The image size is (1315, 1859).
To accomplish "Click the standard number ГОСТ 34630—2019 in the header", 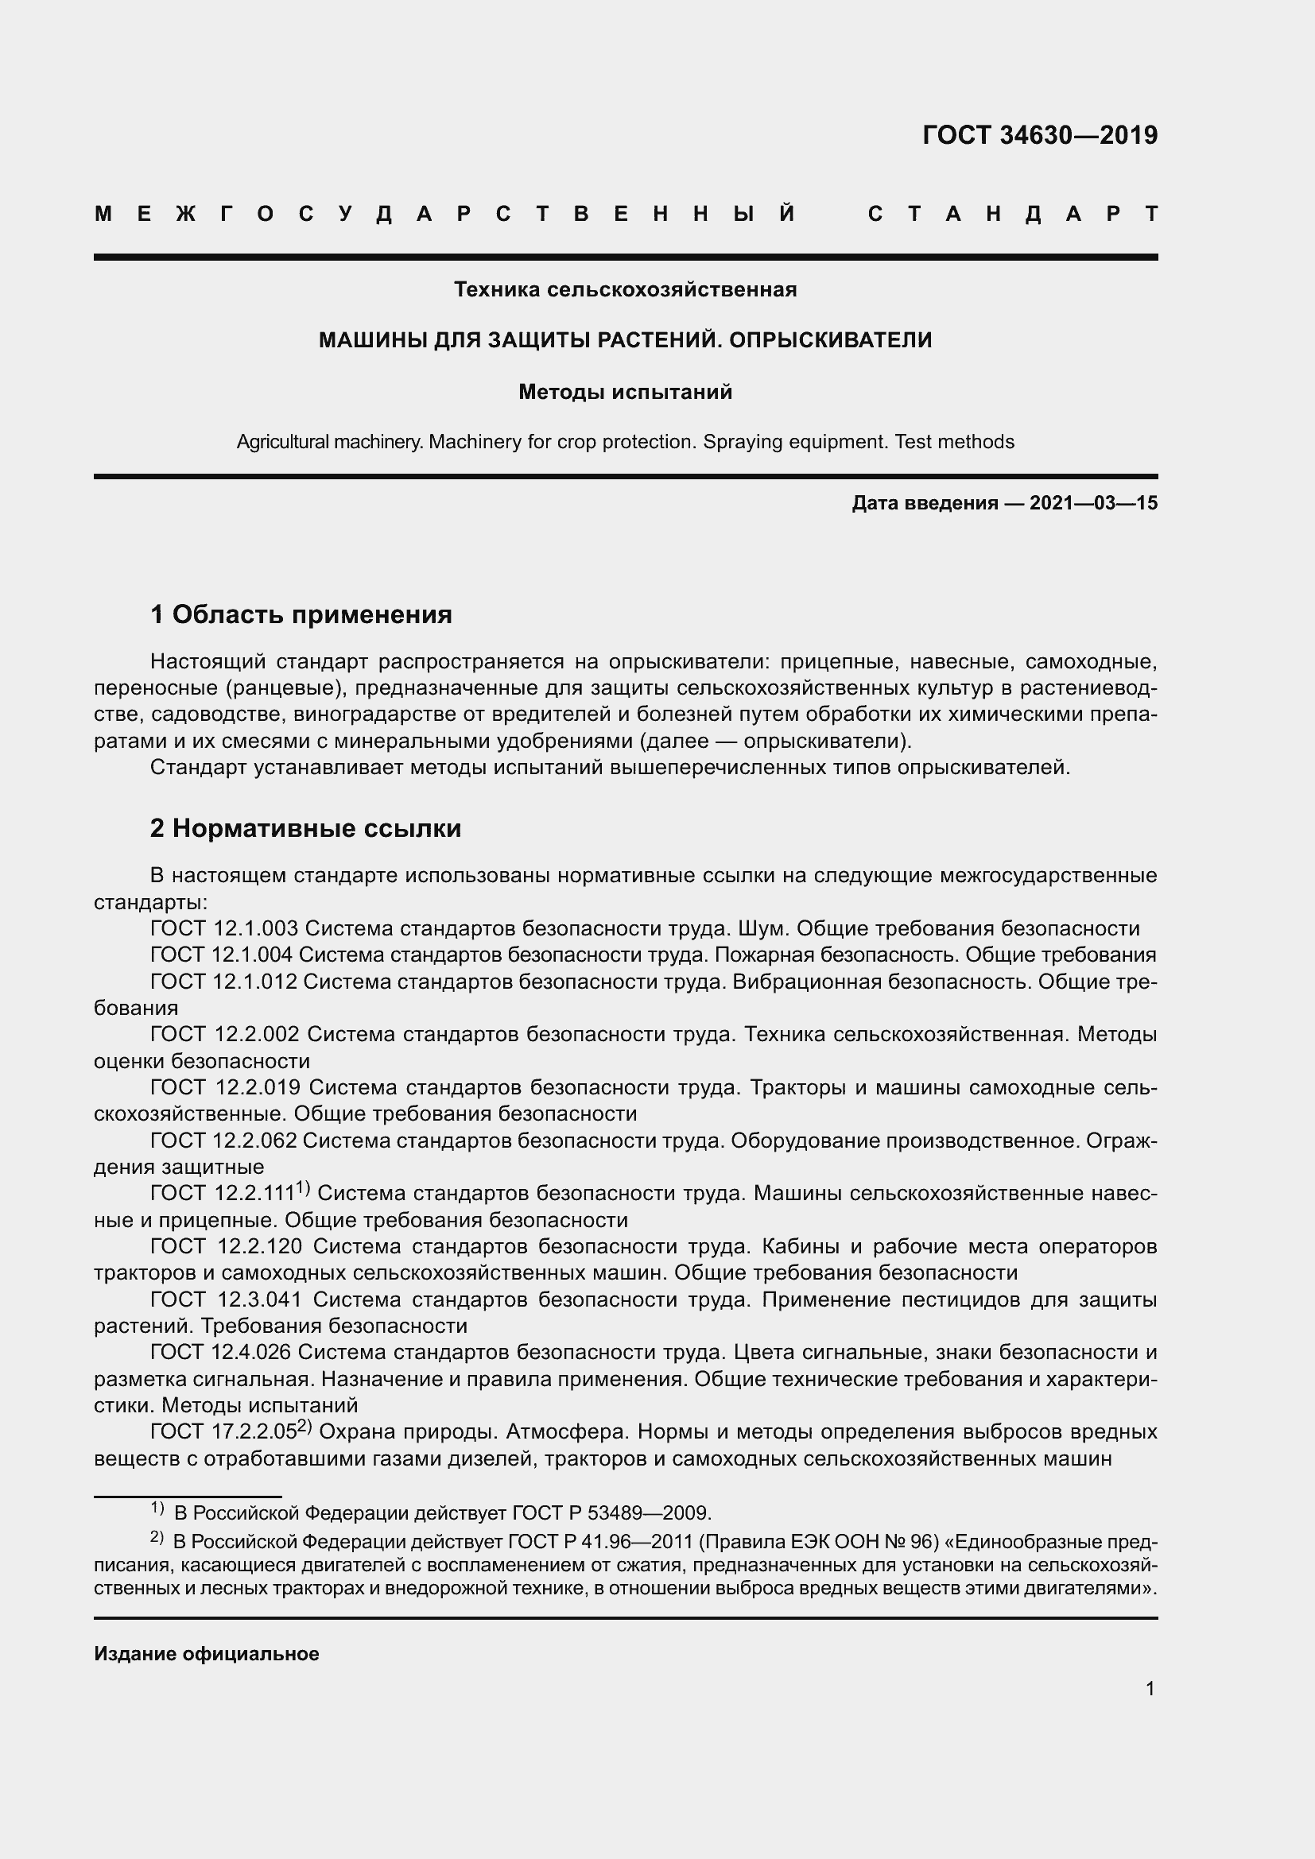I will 1040,135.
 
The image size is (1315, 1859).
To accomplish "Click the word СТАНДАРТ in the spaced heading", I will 1012,214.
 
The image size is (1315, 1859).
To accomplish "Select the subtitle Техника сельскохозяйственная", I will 625,289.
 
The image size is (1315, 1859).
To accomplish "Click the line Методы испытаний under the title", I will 625,392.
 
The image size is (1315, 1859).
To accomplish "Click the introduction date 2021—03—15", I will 1093,503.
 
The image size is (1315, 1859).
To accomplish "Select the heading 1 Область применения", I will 301,614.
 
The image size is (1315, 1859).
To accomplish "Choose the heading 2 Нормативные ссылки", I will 305,828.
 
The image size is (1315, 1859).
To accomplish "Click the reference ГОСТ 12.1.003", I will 224,928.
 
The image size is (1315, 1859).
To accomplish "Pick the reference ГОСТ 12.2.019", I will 226,1087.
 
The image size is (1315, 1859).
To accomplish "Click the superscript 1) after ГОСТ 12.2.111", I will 303,1187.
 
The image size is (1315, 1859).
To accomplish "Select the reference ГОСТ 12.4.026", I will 222,1352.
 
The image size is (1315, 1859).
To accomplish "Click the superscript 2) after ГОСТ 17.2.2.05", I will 305,1427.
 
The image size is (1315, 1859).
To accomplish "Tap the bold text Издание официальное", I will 207,1654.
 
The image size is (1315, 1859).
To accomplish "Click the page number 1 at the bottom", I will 1150,1689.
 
